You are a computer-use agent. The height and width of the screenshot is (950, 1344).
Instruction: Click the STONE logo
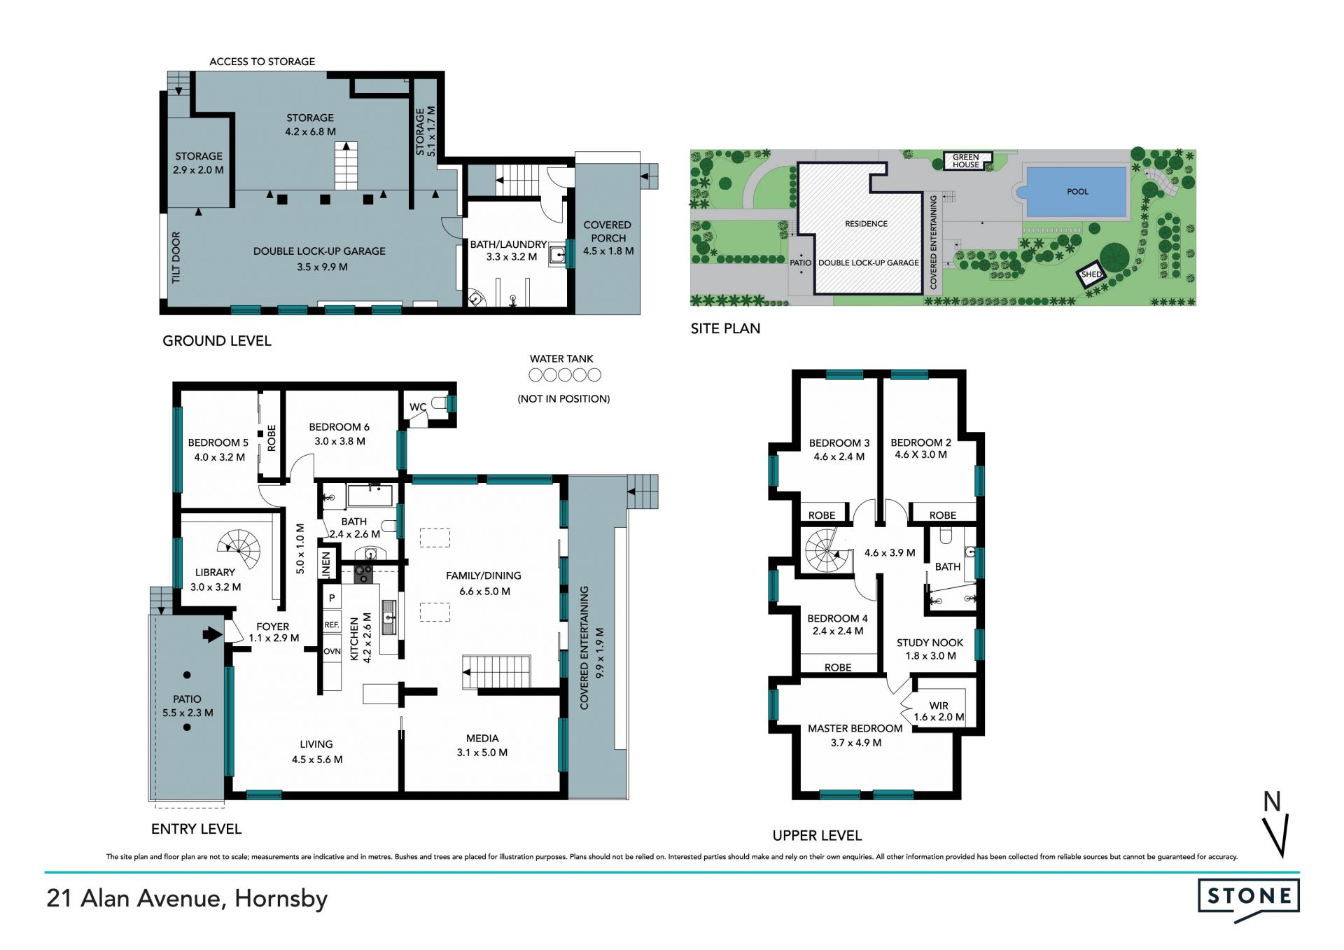tap(1249, 899)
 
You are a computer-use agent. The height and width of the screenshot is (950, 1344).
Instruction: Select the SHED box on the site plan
tap(1091, 274)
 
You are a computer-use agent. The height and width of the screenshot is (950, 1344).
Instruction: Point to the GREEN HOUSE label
tap(966, 161)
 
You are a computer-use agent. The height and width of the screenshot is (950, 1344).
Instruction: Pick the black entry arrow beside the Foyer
tap(212, 634)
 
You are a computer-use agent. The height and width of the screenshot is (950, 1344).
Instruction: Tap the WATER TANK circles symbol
tap(564, 375)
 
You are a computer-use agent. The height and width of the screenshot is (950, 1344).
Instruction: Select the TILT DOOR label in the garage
tap(176, 257)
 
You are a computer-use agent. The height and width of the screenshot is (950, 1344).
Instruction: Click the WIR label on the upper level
tap(939, 706)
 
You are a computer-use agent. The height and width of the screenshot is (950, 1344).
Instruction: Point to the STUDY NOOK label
tap(930, 643)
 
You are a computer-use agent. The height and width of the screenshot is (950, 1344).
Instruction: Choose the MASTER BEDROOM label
tap(855, 728)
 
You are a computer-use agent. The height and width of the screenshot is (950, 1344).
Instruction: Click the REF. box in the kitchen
tap(332, 624)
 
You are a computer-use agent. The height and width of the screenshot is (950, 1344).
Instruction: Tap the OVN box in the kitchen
tap(332, 651)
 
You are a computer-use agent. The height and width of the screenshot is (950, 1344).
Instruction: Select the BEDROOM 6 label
tap(339, 427)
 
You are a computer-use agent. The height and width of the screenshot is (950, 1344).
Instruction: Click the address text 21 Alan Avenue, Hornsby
tap(187, 898)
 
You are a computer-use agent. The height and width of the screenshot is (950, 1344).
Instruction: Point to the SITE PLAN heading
tap(725, 328)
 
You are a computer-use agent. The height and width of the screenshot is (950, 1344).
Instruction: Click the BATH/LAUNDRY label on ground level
tap(508, 244)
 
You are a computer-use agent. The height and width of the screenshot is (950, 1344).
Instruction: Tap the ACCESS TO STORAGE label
tap(262, 62)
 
